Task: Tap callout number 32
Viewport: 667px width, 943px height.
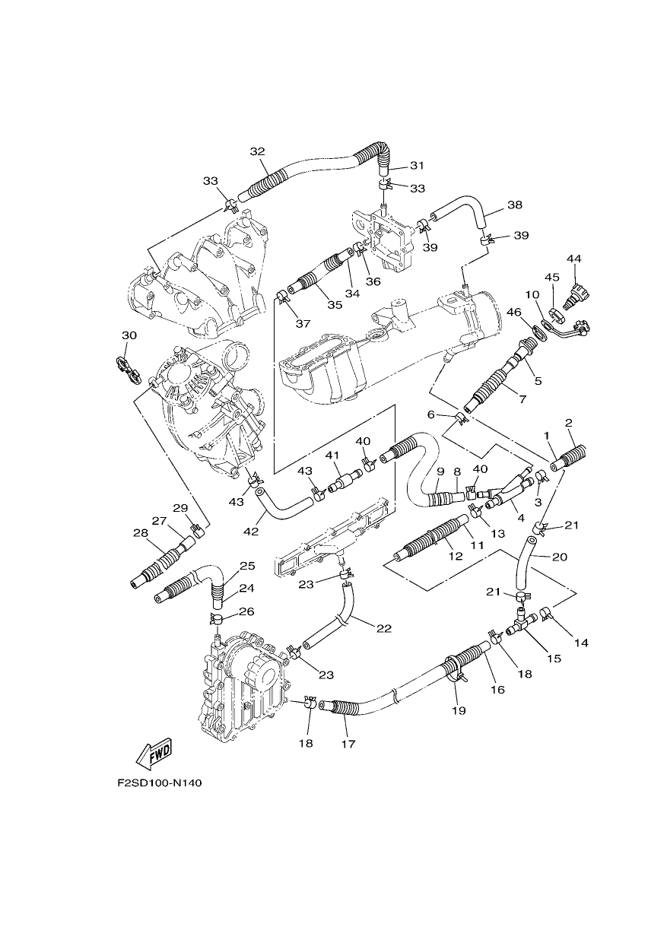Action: [257, 151]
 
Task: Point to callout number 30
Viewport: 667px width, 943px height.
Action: [129, 335]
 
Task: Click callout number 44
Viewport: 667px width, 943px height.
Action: [573, 259]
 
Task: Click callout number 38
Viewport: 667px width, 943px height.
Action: [515, 205]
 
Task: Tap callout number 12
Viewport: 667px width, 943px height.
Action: [456, 556]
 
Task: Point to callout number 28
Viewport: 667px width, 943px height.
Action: [140, 533]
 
